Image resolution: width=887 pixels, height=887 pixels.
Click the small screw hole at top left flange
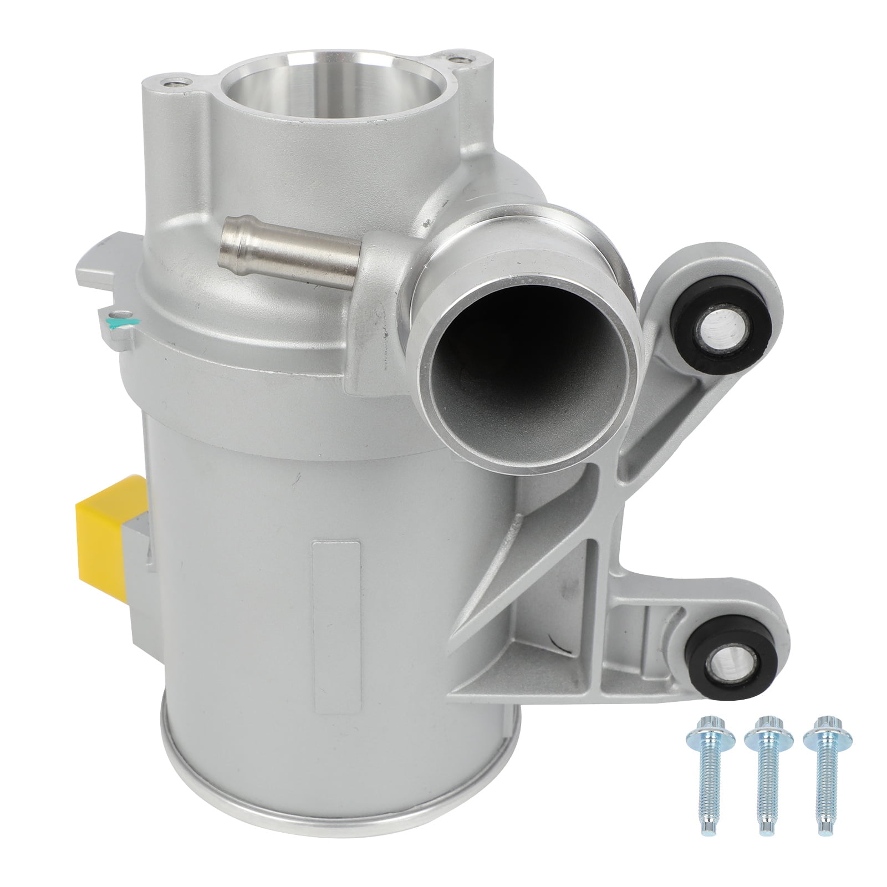tap(175, 83)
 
